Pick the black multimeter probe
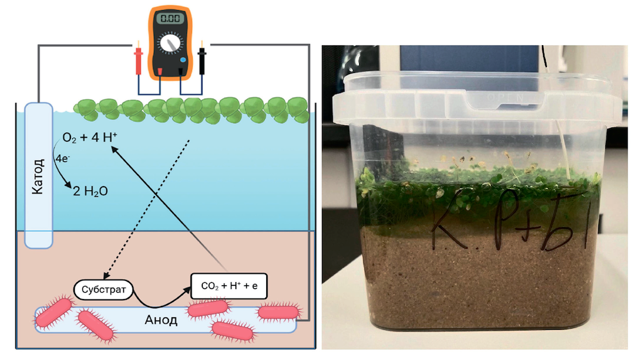202,60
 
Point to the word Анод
161,320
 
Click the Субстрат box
104,290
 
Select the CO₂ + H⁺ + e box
234,286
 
